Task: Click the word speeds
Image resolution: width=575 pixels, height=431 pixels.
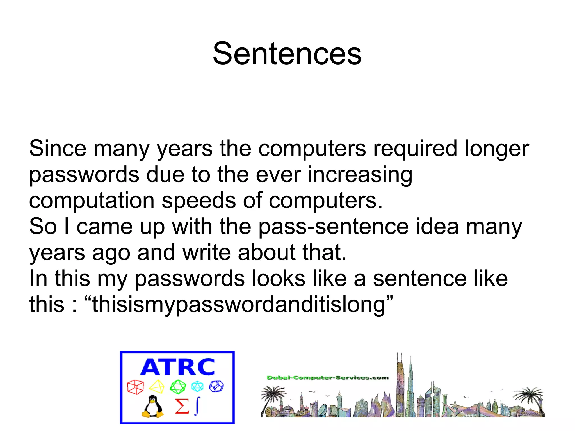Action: (x=198, y=201)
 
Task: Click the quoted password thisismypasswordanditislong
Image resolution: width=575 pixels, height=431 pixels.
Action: (x=239, y=305)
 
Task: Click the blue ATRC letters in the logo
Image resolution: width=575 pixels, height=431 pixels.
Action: (x=177, y=367)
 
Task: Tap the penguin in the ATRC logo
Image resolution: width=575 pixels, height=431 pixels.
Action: (x=152, y=406)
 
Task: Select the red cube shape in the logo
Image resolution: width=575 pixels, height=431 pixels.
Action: (x=135, y=387)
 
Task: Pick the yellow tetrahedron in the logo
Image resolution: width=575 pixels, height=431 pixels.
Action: (x=157, y=387)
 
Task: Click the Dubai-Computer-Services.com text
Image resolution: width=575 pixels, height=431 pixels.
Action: (x=327, y=378)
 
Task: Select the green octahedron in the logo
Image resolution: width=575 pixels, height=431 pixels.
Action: (x=178, y=387)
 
